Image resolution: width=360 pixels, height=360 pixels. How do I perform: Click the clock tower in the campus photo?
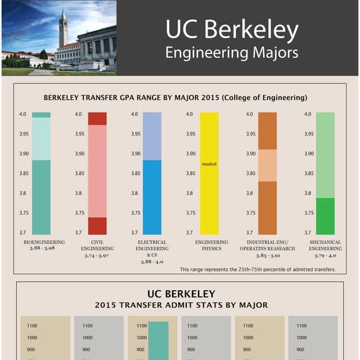(x=64, y=28)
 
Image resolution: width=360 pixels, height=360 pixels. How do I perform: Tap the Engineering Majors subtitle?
(x=231, y=53)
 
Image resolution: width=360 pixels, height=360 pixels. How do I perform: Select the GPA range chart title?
(x=175, y=98)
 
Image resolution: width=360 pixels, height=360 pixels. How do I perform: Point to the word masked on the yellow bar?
(x=209, y=164)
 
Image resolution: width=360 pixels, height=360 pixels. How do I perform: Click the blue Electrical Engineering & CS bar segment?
(x=152, y=197)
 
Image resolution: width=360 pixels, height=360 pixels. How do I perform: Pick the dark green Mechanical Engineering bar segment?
(x=325, y=216)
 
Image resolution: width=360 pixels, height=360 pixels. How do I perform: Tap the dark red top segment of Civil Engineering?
(x=97, y=119)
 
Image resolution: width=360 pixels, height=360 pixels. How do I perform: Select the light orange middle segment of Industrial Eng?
(x=267, y=165)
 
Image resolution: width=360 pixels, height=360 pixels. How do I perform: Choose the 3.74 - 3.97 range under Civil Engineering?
(x=97, y=255)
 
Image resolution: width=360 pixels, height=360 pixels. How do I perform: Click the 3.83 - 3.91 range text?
(x=267, y=255)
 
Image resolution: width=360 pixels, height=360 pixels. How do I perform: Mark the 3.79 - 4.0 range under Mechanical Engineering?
(x=325, y=255)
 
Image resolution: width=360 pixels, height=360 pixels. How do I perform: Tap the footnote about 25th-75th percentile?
(x=258, y=269)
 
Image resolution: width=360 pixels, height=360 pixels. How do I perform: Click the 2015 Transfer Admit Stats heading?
(x=181, y=305)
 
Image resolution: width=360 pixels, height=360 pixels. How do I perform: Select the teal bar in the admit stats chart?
(x=159, y=340)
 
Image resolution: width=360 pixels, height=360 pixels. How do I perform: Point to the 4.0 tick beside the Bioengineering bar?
(x=23, y=114)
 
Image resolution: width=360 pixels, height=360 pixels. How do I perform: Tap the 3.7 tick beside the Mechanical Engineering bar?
(x=307, y=232)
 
